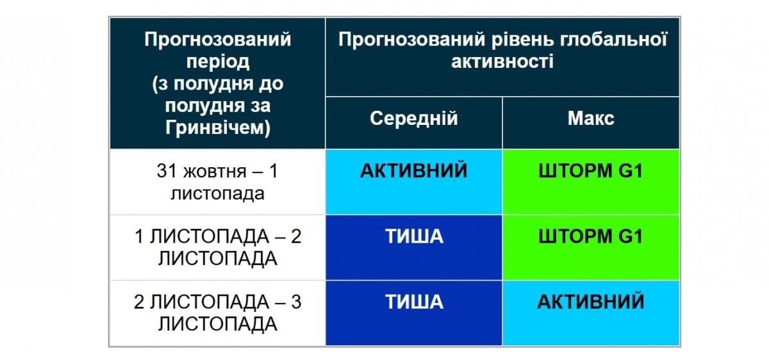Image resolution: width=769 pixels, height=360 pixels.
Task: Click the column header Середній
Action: [413, 119]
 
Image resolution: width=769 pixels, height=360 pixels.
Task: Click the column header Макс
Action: [590, 119]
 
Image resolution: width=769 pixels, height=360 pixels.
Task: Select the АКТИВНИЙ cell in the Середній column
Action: [413, 172]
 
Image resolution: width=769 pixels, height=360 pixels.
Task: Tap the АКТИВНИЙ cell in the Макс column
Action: [590, 301]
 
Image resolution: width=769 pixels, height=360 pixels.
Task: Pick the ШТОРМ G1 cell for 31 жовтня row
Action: [590, 172]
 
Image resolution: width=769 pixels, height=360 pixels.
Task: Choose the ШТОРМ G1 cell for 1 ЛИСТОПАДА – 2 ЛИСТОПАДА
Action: [590, 236]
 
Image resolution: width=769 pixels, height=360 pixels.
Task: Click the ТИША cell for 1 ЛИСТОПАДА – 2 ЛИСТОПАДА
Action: [413, 236]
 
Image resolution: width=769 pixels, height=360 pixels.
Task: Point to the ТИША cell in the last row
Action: [413, 301]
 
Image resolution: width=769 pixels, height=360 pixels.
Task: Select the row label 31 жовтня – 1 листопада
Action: [217, 183]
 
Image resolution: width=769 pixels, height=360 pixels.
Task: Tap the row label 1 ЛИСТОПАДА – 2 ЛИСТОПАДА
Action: [217, 247]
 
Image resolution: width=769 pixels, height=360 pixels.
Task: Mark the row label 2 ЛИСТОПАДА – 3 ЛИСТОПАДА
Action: [217, 313]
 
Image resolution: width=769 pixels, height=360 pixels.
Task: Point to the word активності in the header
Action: [502, 61]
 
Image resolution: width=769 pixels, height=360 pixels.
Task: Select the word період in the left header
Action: [217, 62]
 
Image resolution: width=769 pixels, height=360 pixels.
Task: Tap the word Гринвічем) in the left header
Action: [217, 127]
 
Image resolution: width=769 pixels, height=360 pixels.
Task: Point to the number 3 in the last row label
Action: [295, 302]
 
